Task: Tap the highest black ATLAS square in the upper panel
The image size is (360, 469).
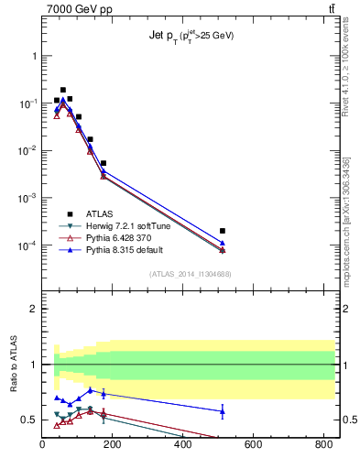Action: pyautogui.click(x=63, y=90)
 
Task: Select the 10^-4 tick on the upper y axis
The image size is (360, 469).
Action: pyautogui.click(x=29, y=245)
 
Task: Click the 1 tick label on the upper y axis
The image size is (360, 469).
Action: pyautogui.click(x=34, y=56)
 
